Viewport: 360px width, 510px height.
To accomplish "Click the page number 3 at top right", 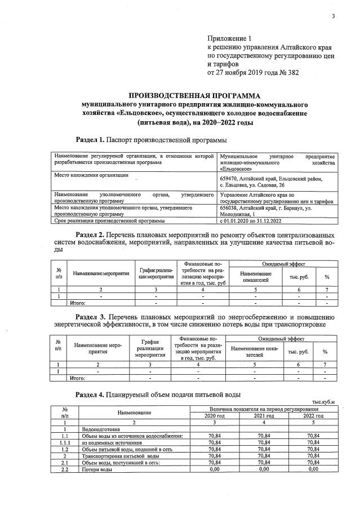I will coord(333,15).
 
